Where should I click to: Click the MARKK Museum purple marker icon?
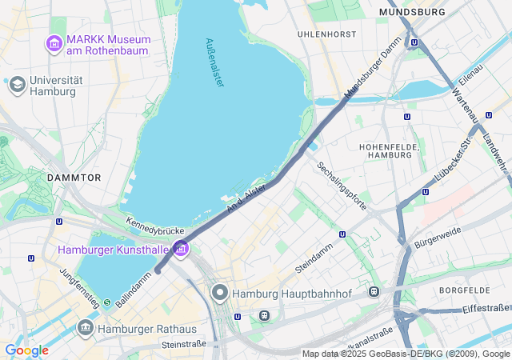click(55, 42)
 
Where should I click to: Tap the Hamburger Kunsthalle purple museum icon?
click(181, 250)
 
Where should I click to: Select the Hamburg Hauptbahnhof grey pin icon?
click(220, 294)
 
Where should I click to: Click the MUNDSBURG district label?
click(412, 13)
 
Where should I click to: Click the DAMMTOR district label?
click(74, 177)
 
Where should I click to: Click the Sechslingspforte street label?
click(342, 186)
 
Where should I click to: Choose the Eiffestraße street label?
click(486, 308)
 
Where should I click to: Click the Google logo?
click(26, 350)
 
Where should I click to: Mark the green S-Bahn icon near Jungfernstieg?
click(106, 302)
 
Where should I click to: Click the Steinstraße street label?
click(183, 344)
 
